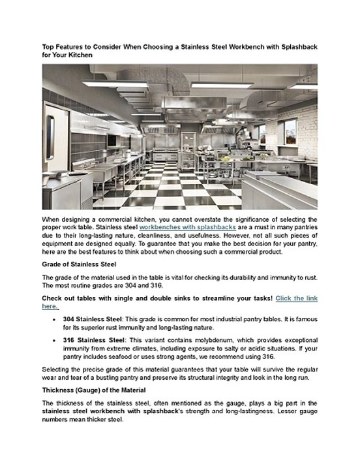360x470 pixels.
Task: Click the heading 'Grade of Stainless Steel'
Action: click(x=79, y=264)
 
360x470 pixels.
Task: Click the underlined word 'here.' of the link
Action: click(x=50, y=306)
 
